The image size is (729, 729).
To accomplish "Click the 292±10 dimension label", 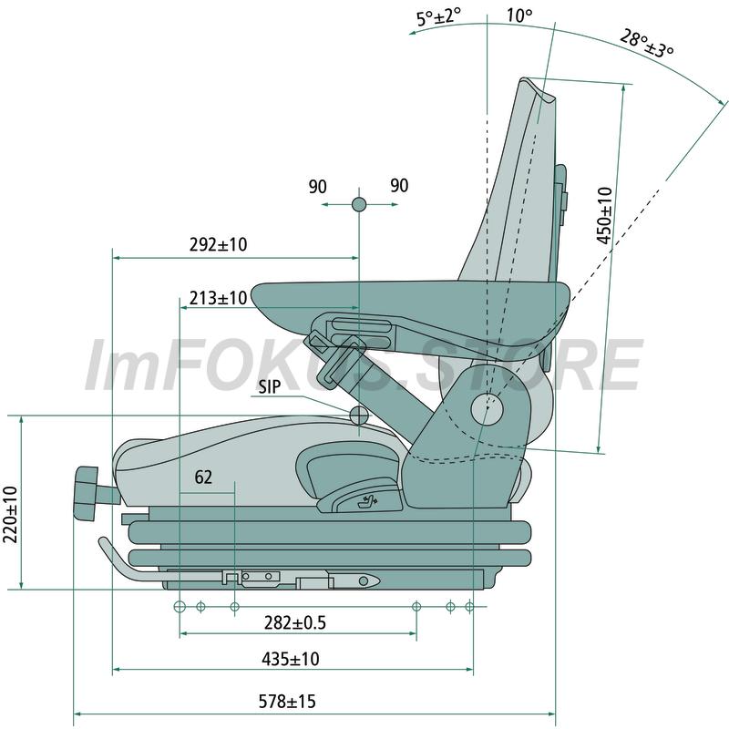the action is pyautogui.click(x=218, y=244).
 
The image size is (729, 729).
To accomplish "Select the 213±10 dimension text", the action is pyautogui.click(x=218, y=298).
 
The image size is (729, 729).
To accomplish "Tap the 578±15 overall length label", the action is pyautogui.click(x=287, y=701).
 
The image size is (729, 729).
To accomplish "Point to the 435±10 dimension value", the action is pyautogui.click(x=291, y=658).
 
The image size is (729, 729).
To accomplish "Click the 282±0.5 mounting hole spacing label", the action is pyautogui.click(x=295, y=622).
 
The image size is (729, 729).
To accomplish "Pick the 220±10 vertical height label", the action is pyautogui.click(x=10, y=514).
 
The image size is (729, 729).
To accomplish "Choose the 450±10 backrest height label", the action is pyautogui.click(x=604, y=215).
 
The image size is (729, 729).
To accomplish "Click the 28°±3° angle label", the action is pyautogui.click(x=647, y=44).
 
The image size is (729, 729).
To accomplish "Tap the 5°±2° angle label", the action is pyautogui.click(x=438, y=17).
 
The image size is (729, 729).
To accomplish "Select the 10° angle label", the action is pyautogui.click(x=519, y=15).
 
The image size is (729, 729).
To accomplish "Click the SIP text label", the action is pyautogui.click(x=270, y=386).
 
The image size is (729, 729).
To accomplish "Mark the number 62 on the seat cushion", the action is pyautogui.click(x=203, y=477).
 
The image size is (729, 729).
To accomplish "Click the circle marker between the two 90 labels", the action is pyautogui.click(x=359, y=204).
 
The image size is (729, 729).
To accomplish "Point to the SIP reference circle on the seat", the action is pyautogui.click(x=359, y=416).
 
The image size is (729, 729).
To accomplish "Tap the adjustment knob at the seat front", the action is pyautogui.click(x=87, y=494).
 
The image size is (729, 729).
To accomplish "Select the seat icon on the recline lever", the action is pyautogui.click(x=366, y=502).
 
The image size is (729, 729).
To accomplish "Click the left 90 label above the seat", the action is pyautogui.click(x=317, y=187).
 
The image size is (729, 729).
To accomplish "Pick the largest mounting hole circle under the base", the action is pyautogui.click(x=180, y=606).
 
